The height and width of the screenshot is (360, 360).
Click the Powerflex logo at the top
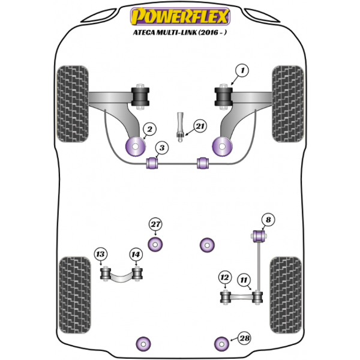pos(180,16)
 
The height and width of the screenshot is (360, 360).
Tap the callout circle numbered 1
pos(242,71)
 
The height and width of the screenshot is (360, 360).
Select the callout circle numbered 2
pos(149,129)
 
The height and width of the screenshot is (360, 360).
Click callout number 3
pos(162,148)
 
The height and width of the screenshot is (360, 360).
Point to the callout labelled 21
pos(200,126)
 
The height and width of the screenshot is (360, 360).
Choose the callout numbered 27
pos(155,224)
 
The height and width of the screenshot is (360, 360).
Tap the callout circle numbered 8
pos(268,220)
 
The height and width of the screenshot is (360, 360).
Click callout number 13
pos(101,254)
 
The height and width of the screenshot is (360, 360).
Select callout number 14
pos(136,254)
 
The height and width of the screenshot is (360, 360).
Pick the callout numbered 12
pos(224,278)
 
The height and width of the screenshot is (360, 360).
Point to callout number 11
pos(244,280)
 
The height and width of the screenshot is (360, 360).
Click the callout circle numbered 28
pos(244,338)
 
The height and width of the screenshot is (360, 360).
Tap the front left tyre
pos(73,104)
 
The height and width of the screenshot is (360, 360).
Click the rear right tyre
pos(286,295)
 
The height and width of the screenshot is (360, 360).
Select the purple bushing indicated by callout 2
pos(136,146)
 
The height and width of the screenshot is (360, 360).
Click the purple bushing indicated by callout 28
pos(221,344)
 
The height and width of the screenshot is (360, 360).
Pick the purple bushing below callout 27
pos(155,245)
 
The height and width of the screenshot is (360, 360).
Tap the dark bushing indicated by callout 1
pos(224,97)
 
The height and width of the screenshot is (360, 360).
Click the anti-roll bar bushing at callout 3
pos(152,163)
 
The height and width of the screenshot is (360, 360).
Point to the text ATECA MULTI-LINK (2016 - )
pos(180,32)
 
